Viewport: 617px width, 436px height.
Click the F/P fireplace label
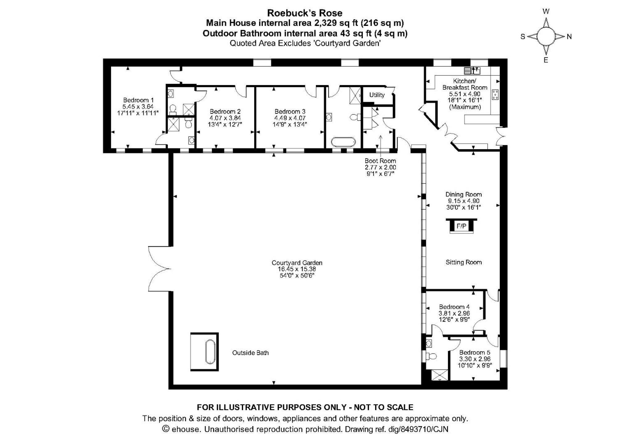pyautogui.click(x=461, y=226)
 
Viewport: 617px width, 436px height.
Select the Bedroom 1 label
pyautogui.click(x=138, y=100)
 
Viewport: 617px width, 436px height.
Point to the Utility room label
pyautogui.click(x=377, y=95)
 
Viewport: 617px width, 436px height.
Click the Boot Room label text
pyautogui.click(x=380, y=161)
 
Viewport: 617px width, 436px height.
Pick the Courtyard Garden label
pyautogui.click(x=297, y=263)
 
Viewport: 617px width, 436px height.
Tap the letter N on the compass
pyautogui.click(x=569, y=37)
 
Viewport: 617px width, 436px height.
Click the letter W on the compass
pyautogui.click(x=546, y=12)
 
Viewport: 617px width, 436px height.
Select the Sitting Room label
pyautogui.click(x=463, y=262)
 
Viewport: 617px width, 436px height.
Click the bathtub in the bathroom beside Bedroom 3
pyautogui.click(x=343, y=142)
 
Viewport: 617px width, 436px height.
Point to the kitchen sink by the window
pyautogui.click(x=472, y=71)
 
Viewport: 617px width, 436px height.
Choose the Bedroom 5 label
pyautogui.click(x=474, y=352)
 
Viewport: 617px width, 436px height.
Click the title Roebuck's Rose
pyautogui.click(x=304, y=13)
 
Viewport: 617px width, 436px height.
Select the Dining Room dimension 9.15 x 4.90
pyautogui.click(x=463, y=201)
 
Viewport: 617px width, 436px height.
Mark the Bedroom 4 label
pyautogui.click(x=454, y=307)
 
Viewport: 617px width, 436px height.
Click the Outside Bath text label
pyautogui.click(x=250, y=353)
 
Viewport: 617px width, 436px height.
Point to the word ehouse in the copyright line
pyautogui.click(x=187, y=429)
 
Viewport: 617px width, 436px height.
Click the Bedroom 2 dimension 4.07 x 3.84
pyautogui.click(x=225, y=118)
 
